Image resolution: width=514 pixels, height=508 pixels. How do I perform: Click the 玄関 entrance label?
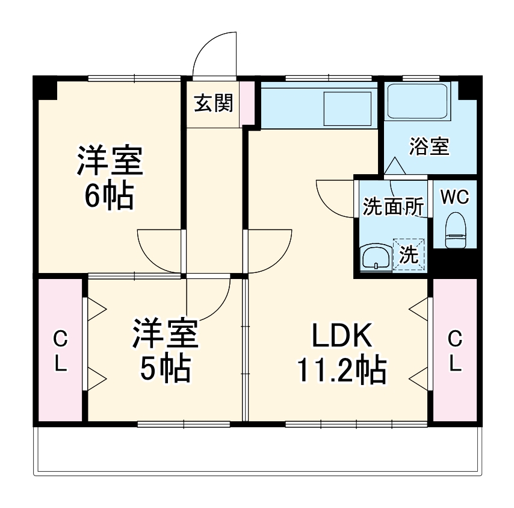[213, 104]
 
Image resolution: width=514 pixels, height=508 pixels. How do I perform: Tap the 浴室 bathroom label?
[429, 147]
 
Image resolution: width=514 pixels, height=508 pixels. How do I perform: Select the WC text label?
[454, 197]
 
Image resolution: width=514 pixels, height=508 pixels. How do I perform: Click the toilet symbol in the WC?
[455, 231]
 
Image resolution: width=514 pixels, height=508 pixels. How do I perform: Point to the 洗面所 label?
[392, 207]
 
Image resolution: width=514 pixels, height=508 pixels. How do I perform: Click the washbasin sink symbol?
[376, 257]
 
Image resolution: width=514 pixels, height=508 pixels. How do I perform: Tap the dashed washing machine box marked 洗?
[409, 255]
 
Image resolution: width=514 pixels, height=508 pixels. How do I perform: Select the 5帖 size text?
[166, 369]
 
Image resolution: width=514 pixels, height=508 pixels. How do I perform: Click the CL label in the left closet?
[60, 351]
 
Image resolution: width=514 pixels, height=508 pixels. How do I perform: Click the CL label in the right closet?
[455, 351]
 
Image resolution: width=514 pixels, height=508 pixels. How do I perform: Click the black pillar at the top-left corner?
[43, 87]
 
